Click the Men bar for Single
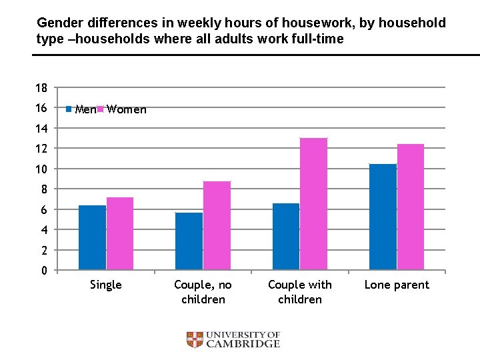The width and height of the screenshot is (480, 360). (93, 237)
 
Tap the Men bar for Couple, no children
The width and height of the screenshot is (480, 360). (189, 241)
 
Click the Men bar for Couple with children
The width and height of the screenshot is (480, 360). (286, 237)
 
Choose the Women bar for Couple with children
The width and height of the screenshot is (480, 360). (313, 204)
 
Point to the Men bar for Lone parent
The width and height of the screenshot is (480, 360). (383, 217)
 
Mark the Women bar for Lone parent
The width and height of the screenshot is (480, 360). (411, 207)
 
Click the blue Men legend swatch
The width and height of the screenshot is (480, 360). (69, 109)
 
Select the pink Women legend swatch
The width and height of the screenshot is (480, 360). (101, 109)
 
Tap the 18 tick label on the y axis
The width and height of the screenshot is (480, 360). (41, 88)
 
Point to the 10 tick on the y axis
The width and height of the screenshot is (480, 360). (41, 169)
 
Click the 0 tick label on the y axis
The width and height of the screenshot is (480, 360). (44, 271)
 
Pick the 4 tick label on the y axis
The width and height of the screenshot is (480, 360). (44, 230)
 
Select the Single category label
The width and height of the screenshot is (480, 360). (106, 285)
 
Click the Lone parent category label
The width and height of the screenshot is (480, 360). (397, 285)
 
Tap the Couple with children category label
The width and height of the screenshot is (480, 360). (300, 292)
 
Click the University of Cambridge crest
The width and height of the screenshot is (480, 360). (194, 340)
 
